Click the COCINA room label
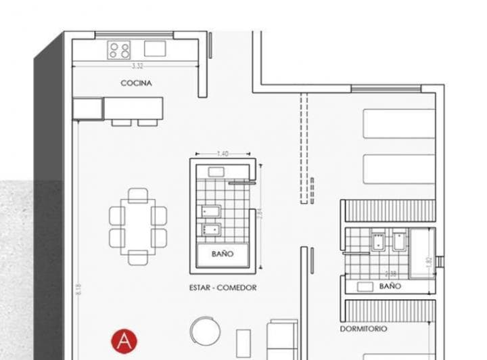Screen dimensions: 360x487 pyautogui.click(x=136, y=83)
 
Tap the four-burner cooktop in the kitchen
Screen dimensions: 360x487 pyautogui.click(x=120, y=49)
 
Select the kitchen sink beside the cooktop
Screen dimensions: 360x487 pyautogui.click(x=154, y=48)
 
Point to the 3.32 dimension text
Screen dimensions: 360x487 pyautogui.click(x=137, y=66)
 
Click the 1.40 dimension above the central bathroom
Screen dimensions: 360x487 pyautogui.click(x=223, y=154)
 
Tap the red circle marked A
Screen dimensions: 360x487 pyautogui.click(x=124, y=340)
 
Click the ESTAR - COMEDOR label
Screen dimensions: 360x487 pyautogui.click(x=223, y=288)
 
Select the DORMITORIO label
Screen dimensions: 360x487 pyautogui.click(x=364, y=329)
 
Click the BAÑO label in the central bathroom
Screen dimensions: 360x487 pyautogui.click(x=222, y=254)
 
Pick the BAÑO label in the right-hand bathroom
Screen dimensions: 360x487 pyautogui.click(x=390, y=286)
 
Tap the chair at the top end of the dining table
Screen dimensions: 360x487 pyautogui.click(x=138, y=196)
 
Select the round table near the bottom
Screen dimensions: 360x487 pyautogui.click(x=205, y=331)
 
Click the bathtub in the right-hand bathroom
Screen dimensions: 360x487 pyautogui.click(x=423, y=252)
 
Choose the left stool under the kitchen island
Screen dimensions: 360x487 pyautogui.click(x=121, y=122)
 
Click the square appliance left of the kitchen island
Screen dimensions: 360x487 pyautogui.click(x=88, y=108)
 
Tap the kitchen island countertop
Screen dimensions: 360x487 pyautogui.click(x=134, y=108)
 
